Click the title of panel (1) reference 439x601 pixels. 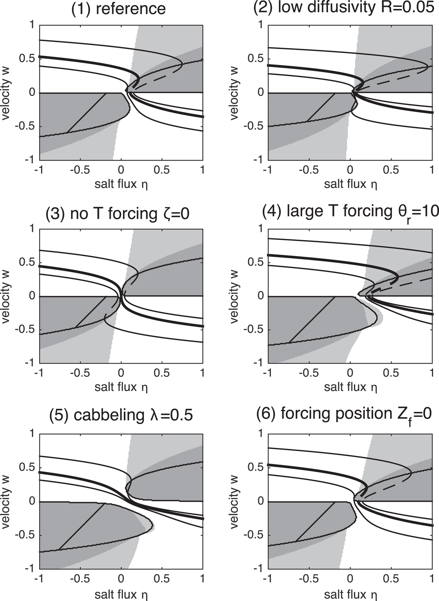click(119, 8)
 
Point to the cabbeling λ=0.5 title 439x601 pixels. click(121, 415)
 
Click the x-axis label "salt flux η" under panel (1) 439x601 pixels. click(121, 185)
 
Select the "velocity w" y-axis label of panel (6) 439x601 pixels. click(234, 502)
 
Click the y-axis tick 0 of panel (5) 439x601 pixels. click(32, 501)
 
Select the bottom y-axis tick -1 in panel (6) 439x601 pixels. click(258, 568)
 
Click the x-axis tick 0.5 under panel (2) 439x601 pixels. click(391, 170)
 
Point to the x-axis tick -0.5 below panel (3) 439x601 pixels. click(80, 373)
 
